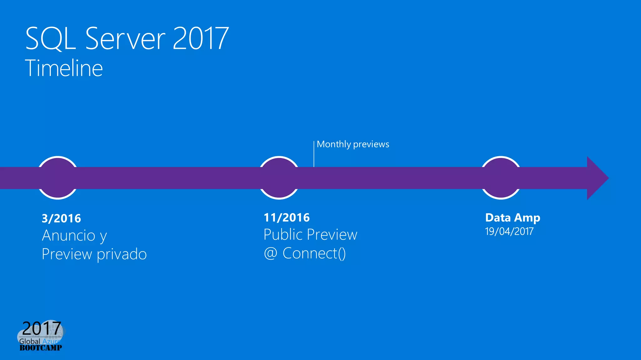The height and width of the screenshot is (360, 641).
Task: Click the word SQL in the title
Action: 50,39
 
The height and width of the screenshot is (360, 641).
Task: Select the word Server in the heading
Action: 125,39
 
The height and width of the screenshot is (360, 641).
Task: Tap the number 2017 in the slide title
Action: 200,39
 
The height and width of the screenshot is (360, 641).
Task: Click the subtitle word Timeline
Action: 64,68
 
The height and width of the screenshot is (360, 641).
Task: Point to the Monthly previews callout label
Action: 353,144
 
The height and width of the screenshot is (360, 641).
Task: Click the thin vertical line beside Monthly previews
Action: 314,154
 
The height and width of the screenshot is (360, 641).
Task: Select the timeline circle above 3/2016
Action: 58,177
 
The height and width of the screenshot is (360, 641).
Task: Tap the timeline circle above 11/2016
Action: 279,177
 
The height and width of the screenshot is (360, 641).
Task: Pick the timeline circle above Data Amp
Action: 500,177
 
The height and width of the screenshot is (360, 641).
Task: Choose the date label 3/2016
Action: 61,218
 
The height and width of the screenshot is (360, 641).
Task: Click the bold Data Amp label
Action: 512,218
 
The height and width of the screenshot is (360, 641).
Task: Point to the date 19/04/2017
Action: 509,231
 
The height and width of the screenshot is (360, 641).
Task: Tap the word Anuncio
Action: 69,236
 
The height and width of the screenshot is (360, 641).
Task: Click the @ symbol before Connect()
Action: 270,253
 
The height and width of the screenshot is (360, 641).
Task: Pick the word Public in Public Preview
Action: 282,235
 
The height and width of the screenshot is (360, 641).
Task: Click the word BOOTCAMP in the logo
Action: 41,347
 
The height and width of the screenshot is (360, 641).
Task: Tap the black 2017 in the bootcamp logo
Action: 41,328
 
